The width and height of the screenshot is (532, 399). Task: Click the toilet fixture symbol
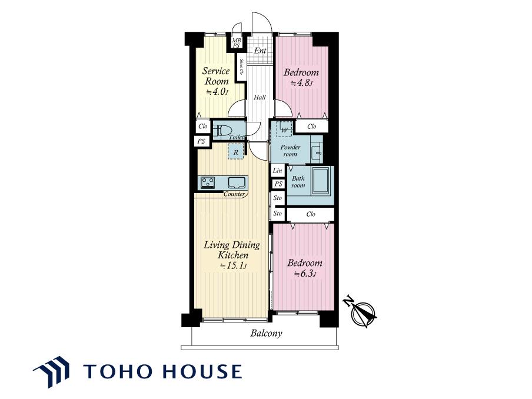tap(223, 131)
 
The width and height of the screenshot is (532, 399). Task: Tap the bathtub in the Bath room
tap(321, 181)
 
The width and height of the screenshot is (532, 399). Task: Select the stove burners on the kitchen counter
tap(207, 182)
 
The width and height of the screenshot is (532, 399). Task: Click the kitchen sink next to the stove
tap(236, 182)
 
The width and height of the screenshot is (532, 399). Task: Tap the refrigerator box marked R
tap(235, 152)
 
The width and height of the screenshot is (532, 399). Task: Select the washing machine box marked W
tap(284, 129)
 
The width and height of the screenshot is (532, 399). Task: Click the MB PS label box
tap(237, 43)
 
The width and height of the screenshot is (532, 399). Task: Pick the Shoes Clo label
tap(241, 68)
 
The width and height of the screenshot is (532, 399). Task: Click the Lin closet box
tap(278, 171)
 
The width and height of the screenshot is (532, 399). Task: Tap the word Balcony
tap(267, 333)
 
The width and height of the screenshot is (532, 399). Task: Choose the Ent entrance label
tap(260, 51)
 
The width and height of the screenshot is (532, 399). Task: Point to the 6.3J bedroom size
tap(305, 274)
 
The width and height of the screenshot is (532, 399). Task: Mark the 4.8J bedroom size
tap(302, 83)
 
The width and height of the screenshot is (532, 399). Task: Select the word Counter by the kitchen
tap(234, 194)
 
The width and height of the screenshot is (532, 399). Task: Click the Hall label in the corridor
tap(260, 97)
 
